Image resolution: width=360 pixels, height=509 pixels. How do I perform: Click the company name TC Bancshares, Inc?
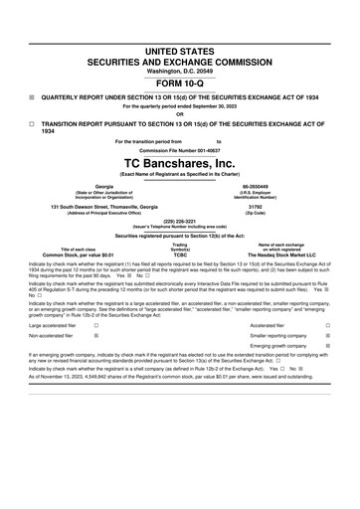pos(180,163)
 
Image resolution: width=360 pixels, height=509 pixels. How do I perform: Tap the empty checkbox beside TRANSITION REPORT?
pos(31,124)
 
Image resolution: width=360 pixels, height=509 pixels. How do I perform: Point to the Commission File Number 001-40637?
pos(180,150)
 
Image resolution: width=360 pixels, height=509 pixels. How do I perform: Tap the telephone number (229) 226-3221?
pos(180,223)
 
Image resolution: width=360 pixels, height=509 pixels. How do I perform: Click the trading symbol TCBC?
pos(180,254)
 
